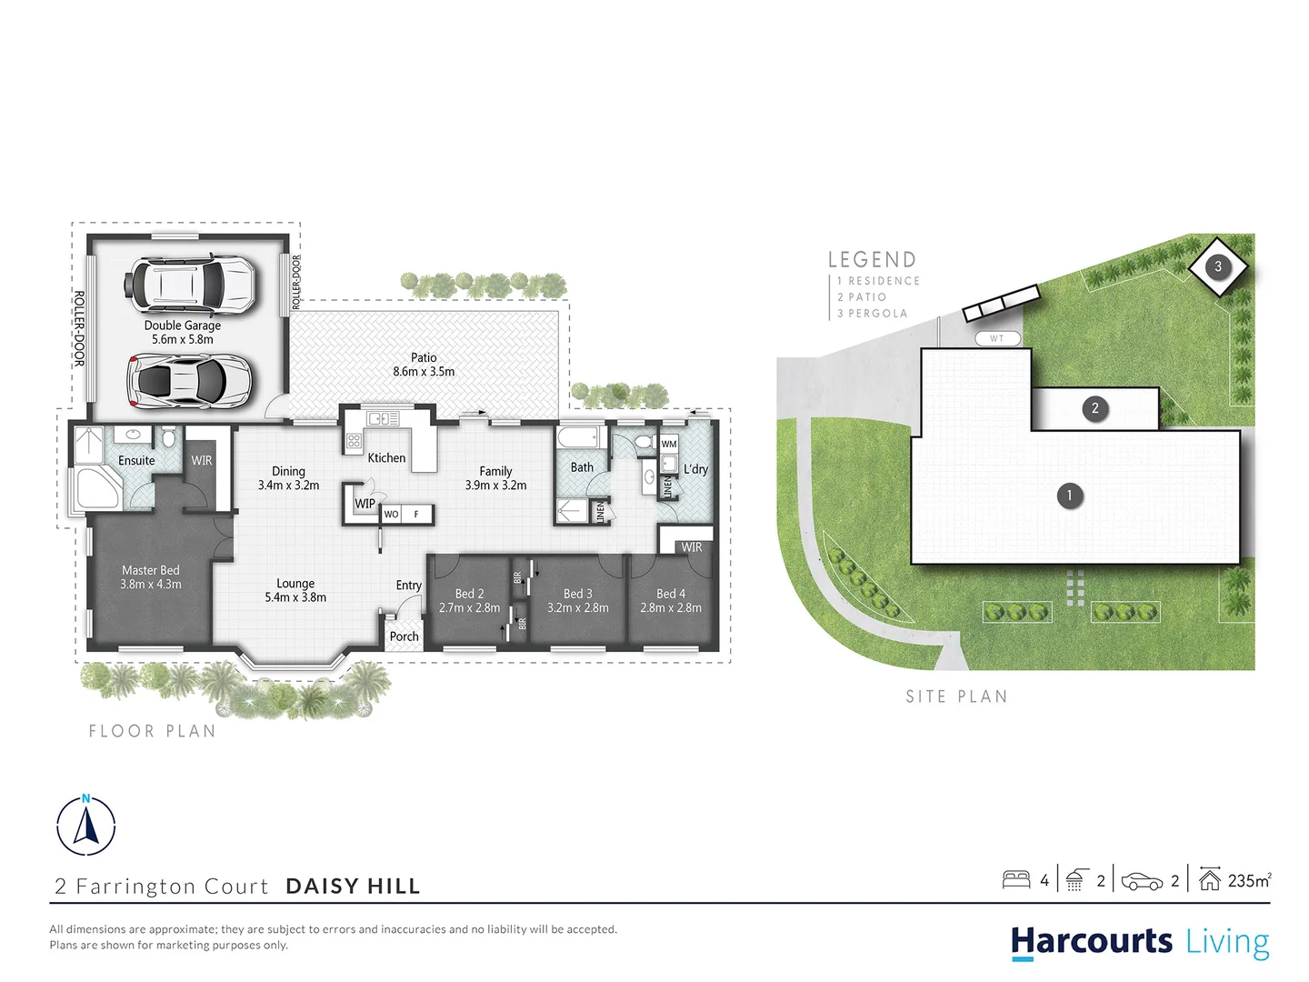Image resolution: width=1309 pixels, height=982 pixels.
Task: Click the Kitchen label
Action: (386, 457)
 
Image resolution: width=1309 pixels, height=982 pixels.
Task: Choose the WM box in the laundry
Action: (669, 444)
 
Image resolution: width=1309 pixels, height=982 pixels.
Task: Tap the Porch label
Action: (404, 636)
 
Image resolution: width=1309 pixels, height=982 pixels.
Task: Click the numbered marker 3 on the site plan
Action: (1218, 266)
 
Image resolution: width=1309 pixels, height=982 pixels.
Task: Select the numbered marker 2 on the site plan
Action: (1094, 408)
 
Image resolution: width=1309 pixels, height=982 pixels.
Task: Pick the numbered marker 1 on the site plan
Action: (1069, 496)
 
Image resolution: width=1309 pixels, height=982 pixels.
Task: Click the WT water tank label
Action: (997, 338)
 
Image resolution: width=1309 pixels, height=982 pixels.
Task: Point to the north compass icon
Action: (86, 825)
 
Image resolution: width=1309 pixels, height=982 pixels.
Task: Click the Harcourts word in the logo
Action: (1092, 941)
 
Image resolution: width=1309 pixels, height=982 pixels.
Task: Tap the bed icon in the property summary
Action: (1015, 879)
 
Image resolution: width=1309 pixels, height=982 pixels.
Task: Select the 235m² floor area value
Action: (1249, 880)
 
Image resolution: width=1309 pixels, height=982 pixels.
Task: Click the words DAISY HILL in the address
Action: (353, 887)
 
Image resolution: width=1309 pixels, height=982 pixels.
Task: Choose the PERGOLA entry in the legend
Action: (877, 314)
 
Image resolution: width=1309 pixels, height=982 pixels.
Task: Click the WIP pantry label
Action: (365, 503)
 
